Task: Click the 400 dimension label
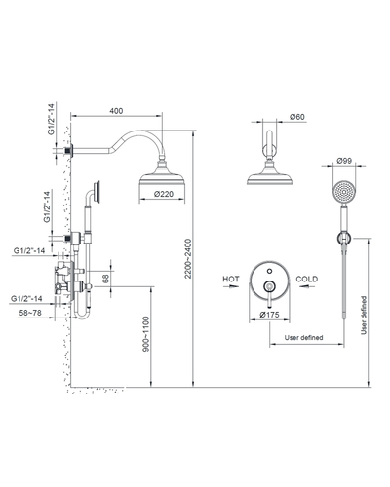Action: (x=116, y=111)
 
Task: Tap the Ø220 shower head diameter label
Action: (x=164, y=194)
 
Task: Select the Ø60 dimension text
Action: (x=297, y=117)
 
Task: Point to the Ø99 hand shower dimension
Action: (x=344, y=161)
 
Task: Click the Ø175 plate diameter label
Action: (x=269, y=315)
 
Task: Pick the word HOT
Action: (x=231, y=279)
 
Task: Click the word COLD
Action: (x=307, y=279)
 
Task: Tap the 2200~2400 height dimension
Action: (x=188, y=259)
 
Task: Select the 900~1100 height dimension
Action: (x=146, y=334)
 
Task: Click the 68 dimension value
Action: (x=106, y=279)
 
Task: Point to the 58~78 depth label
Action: (x=30, y=313)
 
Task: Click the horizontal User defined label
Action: (x=303, y=338)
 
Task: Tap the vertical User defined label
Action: (x=364, y=316)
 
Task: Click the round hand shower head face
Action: (x=344, y=193)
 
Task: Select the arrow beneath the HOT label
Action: (x=231, y=286)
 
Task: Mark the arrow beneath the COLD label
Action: (x=307, y=286)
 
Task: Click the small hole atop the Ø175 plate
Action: (x=269, y=271)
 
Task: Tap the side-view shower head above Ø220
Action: (x=162, y=173)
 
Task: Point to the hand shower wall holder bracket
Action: (x=344, y=239)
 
